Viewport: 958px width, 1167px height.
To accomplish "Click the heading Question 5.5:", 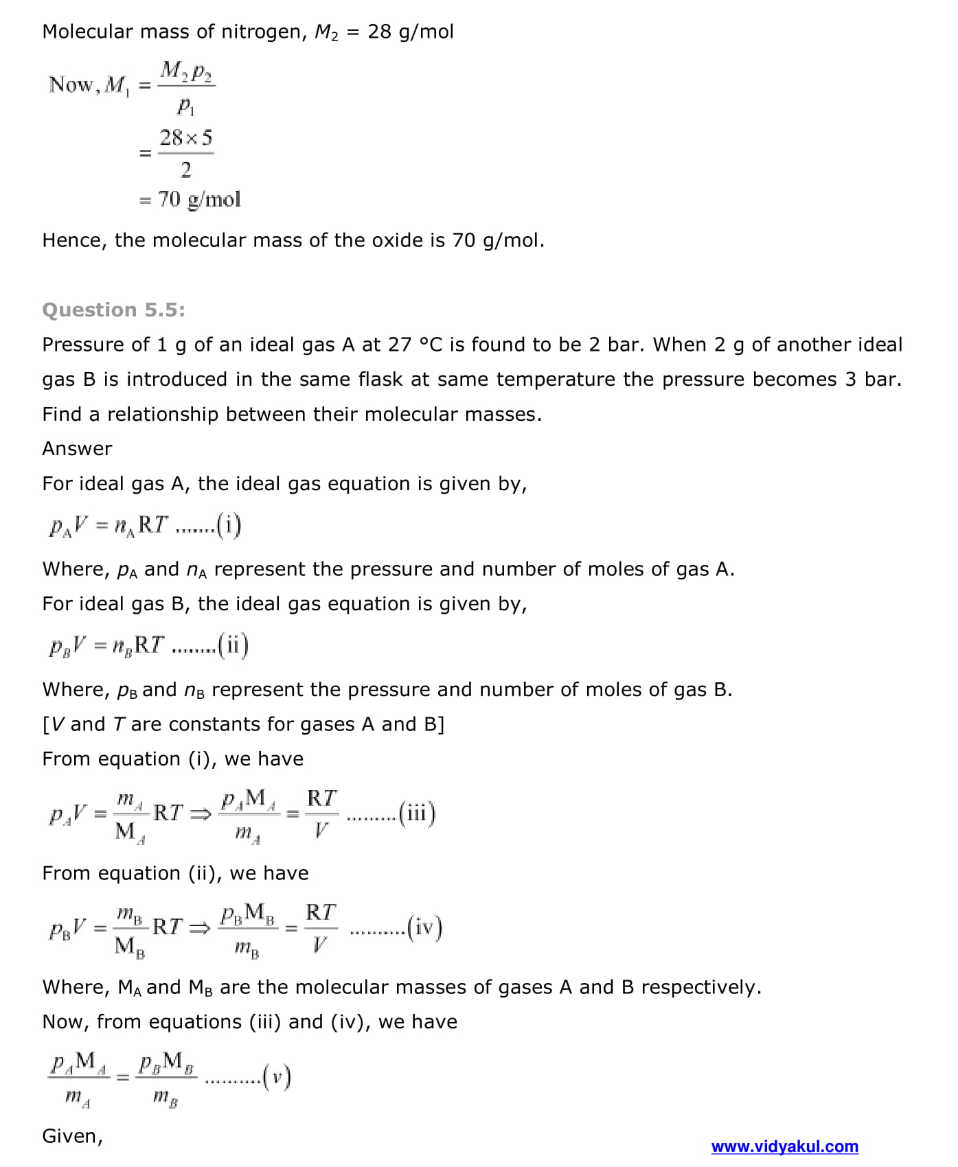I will [x=113, y=310].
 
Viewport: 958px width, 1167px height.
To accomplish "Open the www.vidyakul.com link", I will [x=784, y=1146].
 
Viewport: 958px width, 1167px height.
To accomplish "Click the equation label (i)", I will [x=229, y=526].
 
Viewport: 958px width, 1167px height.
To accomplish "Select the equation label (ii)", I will [x=233, y=646].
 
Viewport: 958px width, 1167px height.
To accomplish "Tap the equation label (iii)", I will [x=417, y=814].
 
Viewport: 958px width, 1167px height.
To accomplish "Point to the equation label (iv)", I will [x=424, y=928].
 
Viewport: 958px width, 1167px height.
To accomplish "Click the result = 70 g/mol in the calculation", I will [x=190, y=200].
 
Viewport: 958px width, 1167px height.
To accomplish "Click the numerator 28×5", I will [x=185, y=138].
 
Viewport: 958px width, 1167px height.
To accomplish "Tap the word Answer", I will [x=77, y=449].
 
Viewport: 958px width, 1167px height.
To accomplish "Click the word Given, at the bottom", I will [x=72, y=1137].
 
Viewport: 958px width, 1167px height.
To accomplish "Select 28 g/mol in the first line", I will [x=411, y=32].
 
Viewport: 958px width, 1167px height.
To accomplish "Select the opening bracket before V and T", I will [x=46, y=725].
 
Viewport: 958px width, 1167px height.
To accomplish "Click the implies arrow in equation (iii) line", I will [x=200, y=814].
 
